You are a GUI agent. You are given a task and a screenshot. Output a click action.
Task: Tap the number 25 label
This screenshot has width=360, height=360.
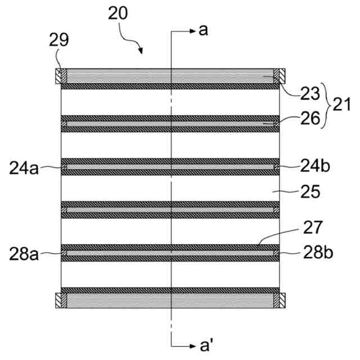pyautogui.click(x=309, y=192)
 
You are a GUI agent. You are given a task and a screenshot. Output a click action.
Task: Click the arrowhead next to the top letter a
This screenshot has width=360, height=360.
pyautogui.click(x=190, y=31)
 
